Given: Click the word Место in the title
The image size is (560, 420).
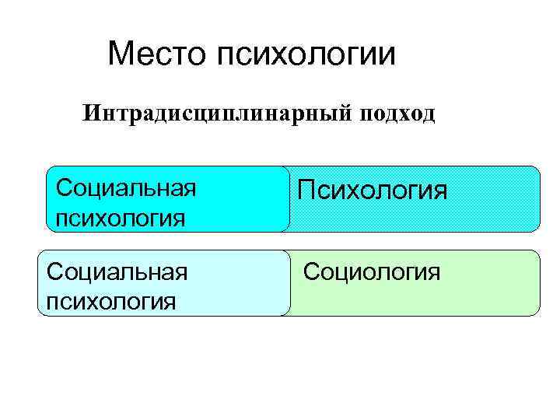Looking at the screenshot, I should point(159,54).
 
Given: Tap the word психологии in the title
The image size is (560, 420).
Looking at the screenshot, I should point(307,55).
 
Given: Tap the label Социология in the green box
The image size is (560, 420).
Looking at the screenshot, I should point(372,271).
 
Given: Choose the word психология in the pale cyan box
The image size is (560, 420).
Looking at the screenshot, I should point(111,299).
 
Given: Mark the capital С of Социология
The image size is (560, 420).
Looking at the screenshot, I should point(310,271).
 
